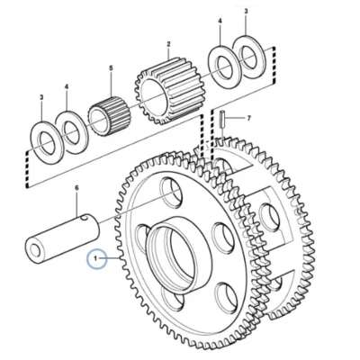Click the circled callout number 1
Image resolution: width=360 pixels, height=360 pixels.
pyautogui.click(x=96, y=258)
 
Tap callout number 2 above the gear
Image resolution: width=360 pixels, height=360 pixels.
pyautogui.click(x=168, y=44)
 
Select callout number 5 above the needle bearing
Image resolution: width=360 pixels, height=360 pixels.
pyautogui.click(x=111, y=68)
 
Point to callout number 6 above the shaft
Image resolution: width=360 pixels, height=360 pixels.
pyautogui.click(x=76, y=188)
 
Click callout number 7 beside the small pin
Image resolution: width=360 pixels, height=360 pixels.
pyautogui.click(x=248, y=119)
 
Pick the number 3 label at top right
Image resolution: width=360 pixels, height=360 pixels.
pyautogui.click(x=246, y=12)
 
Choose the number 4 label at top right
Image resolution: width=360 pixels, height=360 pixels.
pyautogui.click(x=220, y=22)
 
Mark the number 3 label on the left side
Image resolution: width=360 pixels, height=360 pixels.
pyautogui.click(x=41, y=97)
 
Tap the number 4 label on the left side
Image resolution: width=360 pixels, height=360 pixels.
pyautogui.click(x=67, y=87)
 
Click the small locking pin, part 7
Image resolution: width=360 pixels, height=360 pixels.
pyautogui.click(x=222, y=119)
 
